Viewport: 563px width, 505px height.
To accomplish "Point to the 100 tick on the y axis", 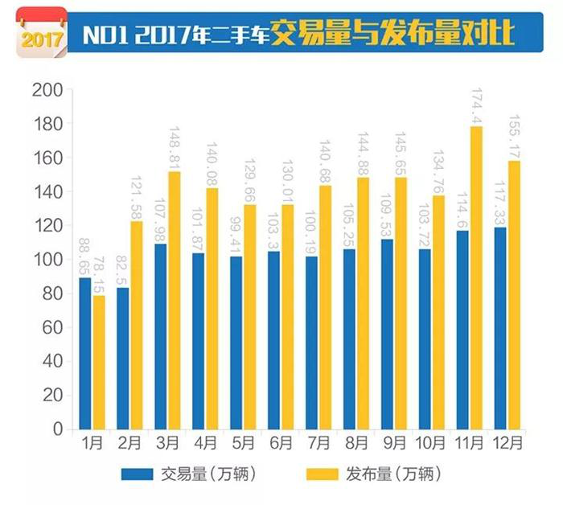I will (49, 260).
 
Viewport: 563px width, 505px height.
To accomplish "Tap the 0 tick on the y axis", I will (57, 429).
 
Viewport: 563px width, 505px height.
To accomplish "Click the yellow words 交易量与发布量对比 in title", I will (392, 34).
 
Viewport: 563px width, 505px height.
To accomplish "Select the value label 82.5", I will (122, 247).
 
